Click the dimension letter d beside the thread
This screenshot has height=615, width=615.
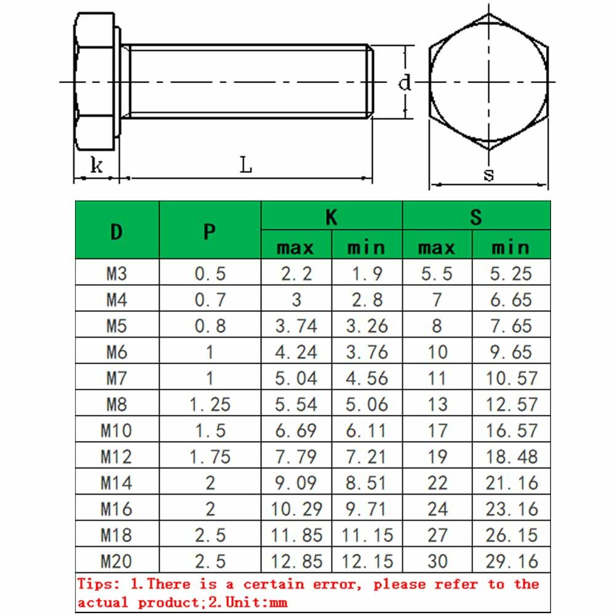(x=405, y=82)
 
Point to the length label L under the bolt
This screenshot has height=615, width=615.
(x=246, y=165)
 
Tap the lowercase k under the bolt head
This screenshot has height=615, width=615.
(x=97, y=165)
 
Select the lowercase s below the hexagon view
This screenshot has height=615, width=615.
(x=488, y=175)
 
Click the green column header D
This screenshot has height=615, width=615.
(x=117, y=231)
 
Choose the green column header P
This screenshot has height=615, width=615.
(x=210, y=231)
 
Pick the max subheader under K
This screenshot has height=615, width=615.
(x=296, y=247)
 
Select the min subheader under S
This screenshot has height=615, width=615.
(x=510, y=247)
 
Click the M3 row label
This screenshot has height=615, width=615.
(x=116, y=273)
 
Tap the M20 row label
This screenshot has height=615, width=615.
(x=116, y=561)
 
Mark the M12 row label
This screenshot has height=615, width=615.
(x=116, y=456)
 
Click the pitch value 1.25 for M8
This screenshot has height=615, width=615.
(x=210, y=404)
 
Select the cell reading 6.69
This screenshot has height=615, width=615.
(x=296, y=430)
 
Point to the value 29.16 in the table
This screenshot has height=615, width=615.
(x=511, y=561)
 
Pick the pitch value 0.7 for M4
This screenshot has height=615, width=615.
(x=210, y=300)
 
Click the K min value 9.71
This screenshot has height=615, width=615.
(x=367, y=509)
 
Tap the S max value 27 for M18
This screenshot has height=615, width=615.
(x=437, y=535)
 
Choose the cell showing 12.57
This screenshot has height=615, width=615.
(x=511, y=404)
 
